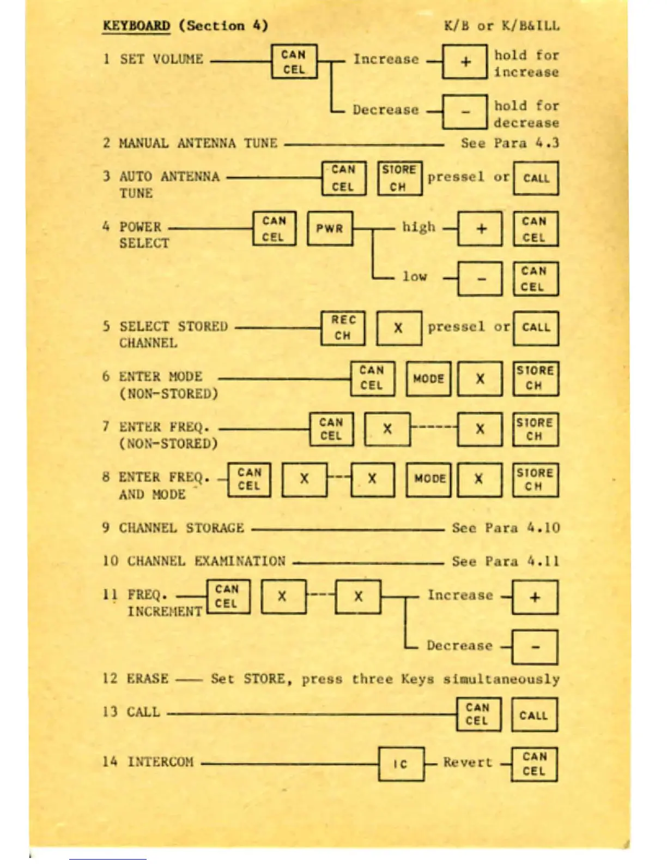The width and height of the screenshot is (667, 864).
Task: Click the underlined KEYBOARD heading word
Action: pyautogui.click(x=136, y=26)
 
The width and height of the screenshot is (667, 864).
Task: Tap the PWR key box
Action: pyautogui.click(x=330, y=229)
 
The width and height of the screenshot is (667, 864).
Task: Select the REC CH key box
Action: pyautogui.click(x=343, y=328)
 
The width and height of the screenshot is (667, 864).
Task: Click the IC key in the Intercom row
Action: pyautogui.click(x=401, y=764)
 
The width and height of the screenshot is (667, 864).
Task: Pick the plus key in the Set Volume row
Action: pyautogui.click(x=465, y=62)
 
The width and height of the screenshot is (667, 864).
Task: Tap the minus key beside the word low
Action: pyautogui.click(x=480, y=279)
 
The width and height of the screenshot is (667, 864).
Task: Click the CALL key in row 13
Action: pyautogui.click(x=534, y=715)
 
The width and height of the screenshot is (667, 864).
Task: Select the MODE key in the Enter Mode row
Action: pyautogui.click(x=429, y=379)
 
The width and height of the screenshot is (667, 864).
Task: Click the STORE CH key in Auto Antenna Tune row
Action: pyautogui.click(x=400, y=178)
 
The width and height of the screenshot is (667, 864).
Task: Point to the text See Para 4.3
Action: pyautogui.click(x=510, y=143)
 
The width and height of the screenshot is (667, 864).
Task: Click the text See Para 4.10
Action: pyautogui.click(x=506, y=528)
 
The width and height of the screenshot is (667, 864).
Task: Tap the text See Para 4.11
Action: pyautogui.click(x=506, y=561)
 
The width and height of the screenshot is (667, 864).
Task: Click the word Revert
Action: pyautogui.click(x=467, y=763)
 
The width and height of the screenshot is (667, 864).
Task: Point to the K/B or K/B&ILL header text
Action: pyautogui.click(x=501, y=26)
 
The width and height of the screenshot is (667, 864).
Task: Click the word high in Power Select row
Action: pyautogui.click(x=419, y=227)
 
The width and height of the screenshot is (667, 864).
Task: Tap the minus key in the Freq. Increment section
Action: pyautogui.click(x=535, y=647)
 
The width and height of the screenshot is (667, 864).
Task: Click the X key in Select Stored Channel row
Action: pyautogui.click(x=399, y=328)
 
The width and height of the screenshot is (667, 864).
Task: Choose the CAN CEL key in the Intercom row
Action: pyautogui.click(x=534, y=764)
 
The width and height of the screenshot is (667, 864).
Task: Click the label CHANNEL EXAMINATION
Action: pyautogui.click(x=206, y=561)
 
